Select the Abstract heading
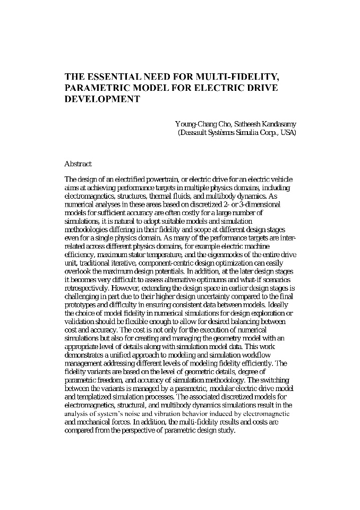coord(78,164)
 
